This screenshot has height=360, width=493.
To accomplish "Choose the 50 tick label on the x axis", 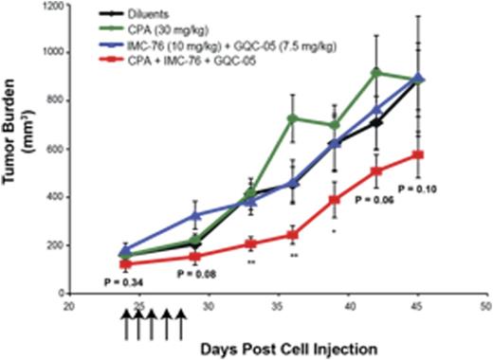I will click(484, 308).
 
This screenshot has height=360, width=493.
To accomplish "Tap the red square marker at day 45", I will click(418, 154).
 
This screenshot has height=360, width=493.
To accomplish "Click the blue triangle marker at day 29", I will click(195, 216).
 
